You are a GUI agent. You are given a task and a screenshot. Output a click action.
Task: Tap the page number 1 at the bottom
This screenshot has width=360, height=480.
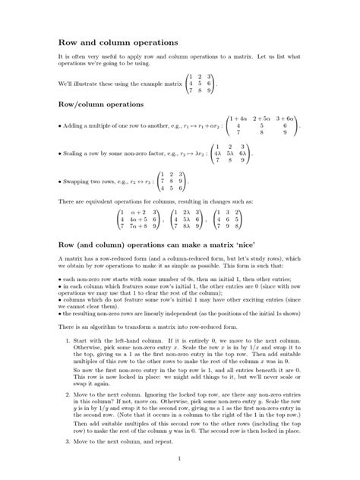(x=179, y=459)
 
